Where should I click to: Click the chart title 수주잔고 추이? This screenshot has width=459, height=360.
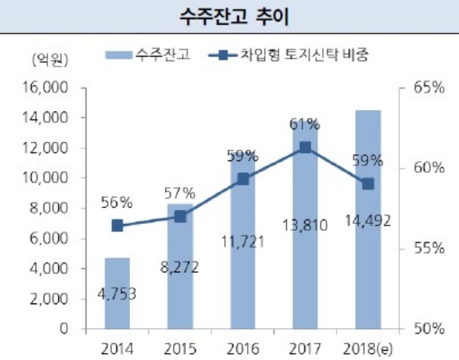click(229, 15)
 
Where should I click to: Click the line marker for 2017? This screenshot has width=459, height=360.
click(305, 148)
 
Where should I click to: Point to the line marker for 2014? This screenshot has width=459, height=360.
click(117, 225)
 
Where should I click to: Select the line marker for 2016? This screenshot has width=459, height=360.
click(243, 179)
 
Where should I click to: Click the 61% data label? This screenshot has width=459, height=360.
click(305, 123)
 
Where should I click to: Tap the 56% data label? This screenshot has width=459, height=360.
click(117, 203)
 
